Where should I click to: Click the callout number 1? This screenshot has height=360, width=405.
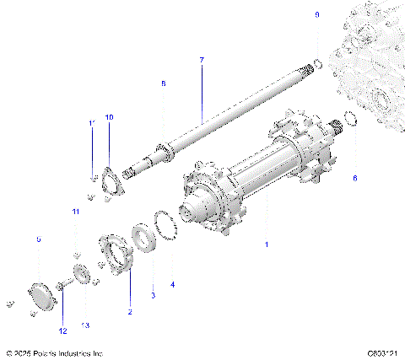coord(267,244)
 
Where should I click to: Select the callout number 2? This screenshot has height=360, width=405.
coord(130,312)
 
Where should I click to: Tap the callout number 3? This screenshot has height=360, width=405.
coord(153,295)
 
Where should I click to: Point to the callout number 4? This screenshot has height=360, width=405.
coord(172,285)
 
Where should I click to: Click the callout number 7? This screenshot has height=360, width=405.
coord(202,60)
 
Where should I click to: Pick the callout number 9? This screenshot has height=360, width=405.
coord(317,15)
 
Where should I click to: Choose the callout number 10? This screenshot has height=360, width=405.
coord(108,116)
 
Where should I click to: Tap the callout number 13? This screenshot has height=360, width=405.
coord(84,325)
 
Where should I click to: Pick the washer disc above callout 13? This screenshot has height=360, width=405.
coord(82,275)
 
